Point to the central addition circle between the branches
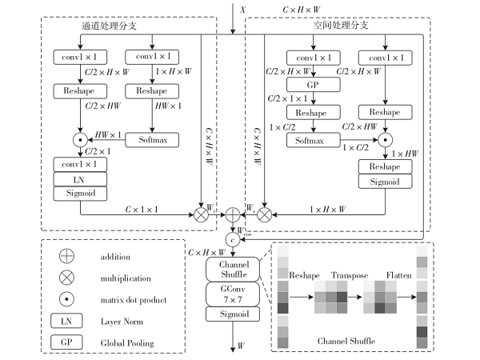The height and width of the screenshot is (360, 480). click(234, 214)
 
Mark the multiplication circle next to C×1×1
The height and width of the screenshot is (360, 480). click(200, 214)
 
